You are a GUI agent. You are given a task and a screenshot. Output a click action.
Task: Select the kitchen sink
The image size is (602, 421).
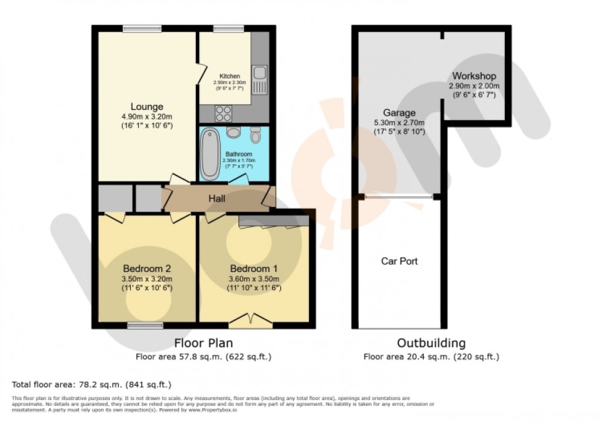[x=259, y=80]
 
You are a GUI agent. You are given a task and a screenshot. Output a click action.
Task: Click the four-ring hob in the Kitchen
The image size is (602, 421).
[x=222, y=114]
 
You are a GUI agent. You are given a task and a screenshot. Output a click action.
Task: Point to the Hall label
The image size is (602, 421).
[x=216, y=199]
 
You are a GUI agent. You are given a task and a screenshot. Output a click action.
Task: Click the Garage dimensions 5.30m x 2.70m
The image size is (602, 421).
[x=400, y=123]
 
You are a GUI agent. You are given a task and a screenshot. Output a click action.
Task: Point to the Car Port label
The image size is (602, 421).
[x=399, y=261]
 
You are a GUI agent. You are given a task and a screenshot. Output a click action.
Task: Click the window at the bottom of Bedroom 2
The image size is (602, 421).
[x=146, y=325]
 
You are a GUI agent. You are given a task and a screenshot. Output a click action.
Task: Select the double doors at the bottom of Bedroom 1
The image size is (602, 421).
[x=251, y=320]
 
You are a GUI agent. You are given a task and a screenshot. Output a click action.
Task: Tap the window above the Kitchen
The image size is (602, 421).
[x=228, y=28]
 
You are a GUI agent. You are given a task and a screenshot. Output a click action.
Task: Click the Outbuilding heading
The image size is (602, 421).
[x=431, y=343]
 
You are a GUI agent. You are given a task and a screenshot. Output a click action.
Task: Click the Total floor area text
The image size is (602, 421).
[x=91, y=385]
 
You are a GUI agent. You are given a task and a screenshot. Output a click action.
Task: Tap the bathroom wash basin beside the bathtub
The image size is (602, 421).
[x=233, y=133]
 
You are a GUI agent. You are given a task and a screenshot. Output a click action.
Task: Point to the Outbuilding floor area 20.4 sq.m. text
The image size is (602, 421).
[x=431, y=356]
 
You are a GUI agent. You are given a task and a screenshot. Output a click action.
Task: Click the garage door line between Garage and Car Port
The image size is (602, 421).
[x=399, y=197]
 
